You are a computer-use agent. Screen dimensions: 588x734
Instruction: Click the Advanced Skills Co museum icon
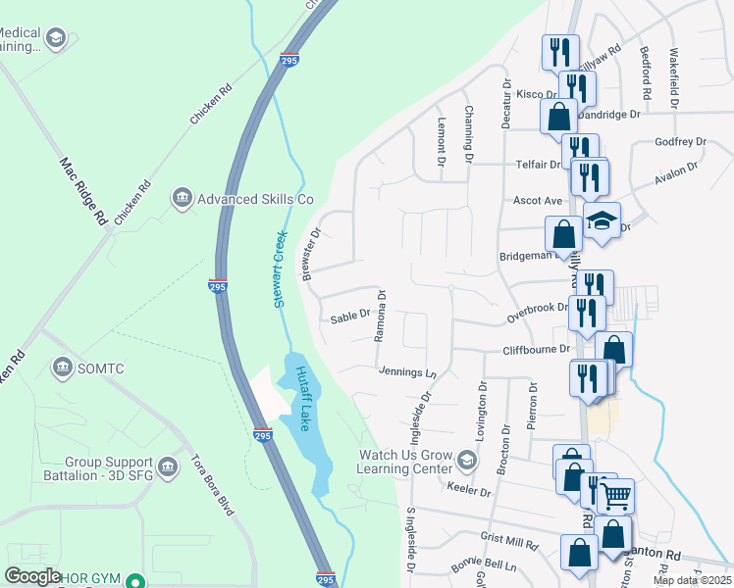pyautogui.click(x=181, y=199)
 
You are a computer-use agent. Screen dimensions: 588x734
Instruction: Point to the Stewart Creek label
pyautogui.click(x=279, y=269)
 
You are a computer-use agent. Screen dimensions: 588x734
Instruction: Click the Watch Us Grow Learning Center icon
pyautogui.click(x=467, y=461)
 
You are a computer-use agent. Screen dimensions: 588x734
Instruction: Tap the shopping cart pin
pyautogui.click(x=616, y=496)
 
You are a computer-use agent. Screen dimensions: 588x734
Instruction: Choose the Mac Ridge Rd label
pyautogui.click(x=82, y=192)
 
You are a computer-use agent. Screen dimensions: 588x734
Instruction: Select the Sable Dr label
pyautogui.click(x=348, y=317)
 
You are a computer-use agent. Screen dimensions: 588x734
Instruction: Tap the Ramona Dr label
pyautogui.click(x=381, y=315)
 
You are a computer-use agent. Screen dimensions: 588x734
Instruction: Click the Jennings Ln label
pyautogui.click(x=405, y=371)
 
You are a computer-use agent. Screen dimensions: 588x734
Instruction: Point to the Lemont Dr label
pyautogui.click(x=441, y=135)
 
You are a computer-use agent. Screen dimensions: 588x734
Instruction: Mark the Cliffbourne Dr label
pyautogui.click(x=536, y=349)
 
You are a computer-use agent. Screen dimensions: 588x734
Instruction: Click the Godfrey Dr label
pyautogui.click(x=680, y=142)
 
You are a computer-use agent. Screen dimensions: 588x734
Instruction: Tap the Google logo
pyautogui.click(x=32, y=576)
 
